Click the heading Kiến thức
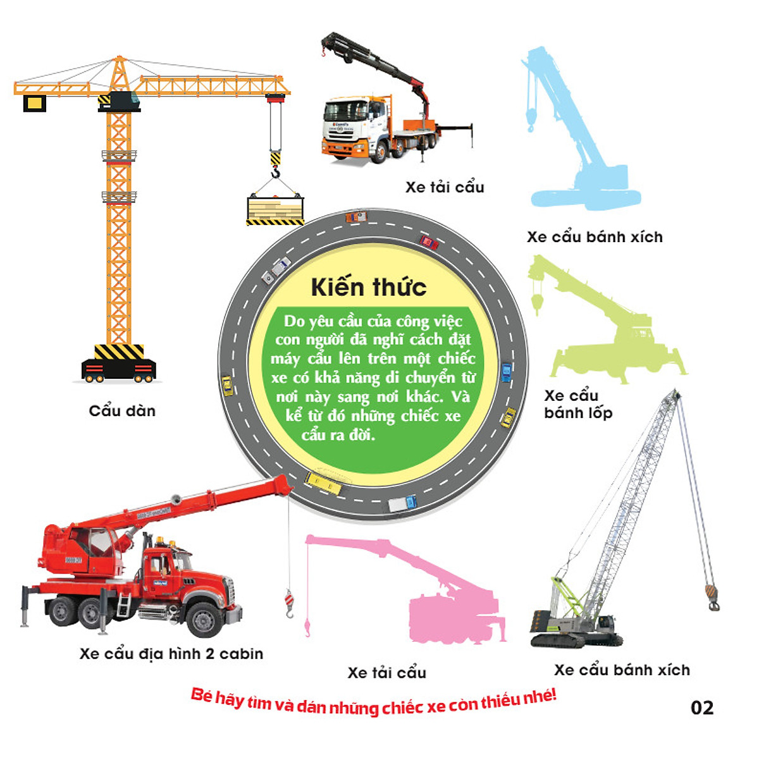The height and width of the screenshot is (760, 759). (369, 288)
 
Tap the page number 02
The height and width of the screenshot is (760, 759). (702, 708)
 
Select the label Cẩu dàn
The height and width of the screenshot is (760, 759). (122, 411)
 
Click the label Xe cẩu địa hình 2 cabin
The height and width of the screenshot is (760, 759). (171, 654)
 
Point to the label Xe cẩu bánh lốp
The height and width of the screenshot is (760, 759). (577, 405)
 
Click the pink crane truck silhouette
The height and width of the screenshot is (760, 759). (443, 601)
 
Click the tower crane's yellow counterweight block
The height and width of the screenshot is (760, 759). (34, 103)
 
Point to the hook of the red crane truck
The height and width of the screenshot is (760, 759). (289, 604)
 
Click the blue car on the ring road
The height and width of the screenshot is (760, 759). (506, 372)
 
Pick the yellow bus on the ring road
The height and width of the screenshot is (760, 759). (323, 483)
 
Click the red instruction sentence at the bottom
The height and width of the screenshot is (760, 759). (373, 702)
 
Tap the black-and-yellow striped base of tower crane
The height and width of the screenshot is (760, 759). (119, 352)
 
